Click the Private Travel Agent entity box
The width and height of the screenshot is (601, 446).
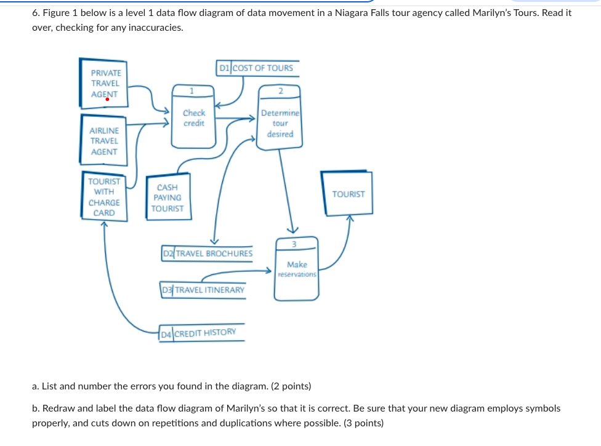tap(103, 84)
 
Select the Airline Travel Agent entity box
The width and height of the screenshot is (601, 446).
tap(103, 140)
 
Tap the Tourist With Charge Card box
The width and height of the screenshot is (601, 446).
tap(104, 197)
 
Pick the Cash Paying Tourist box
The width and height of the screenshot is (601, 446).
tap(168, 197)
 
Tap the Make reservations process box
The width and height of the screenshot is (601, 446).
tap(297, 269)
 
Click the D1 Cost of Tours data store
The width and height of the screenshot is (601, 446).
tap(258, 68)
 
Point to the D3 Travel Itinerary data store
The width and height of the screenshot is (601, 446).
tap(203, 289)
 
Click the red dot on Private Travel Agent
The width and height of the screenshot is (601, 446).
tap(107, 98)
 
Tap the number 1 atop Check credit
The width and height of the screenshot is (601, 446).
tap(192, 90)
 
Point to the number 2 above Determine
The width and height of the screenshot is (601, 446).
tap(280, 91)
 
